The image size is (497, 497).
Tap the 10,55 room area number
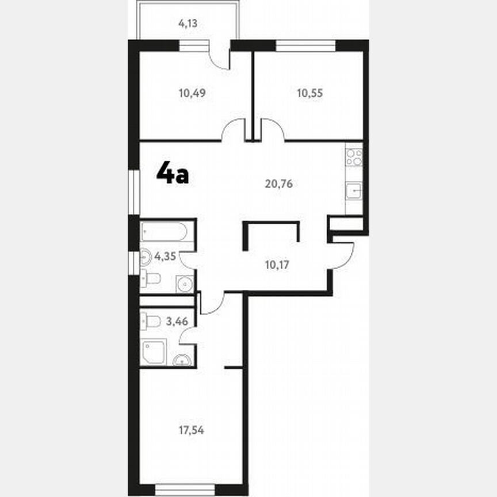(309, 93)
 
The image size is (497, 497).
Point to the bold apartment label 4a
(173, 173)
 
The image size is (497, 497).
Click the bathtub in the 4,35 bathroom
(165, 232)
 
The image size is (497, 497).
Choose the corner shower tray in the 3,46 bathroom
(154, 351)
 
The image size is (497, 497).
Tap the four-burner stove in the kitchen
(354, 157)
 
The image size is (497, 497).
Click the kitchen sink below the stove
(354, 189)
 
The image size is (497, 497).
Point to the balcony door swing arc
(219, 58)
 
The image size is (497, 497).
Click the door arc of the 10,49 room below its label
(234, 129)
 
